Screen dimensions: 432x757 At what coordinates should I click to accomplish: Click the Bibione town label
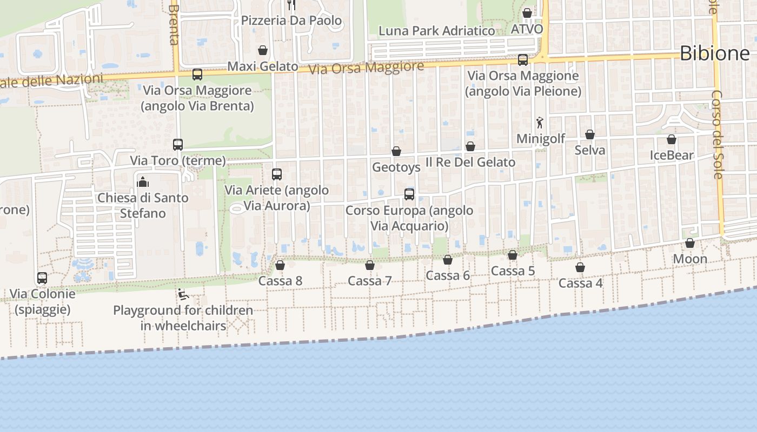[x=714, y=53]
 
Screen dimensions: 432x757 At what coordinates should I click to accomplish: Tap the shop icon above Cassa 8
[x=280, y=265]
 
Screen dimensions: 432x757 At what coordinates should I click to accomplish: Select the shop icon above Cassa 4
[x=580, y=267]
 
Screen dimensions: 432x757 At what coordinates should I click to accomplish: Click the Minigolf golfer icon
[x=539, y=123]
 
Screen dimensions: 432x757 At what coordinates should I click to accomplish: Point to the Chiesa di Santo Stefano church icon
[x=143, y=182]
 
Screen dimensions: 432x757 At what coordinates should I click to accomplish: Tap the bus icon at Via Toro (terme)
[x=178, y=145]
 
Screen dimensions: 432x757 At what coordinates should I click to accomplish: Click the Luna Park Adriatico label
[x=436, y=31]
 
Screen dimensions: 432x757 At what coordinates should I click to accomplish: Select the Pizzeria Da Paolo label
[x=291, y=21]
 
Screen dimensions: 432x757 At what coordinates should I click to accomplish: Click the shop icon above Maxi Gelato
[x=263, y=50]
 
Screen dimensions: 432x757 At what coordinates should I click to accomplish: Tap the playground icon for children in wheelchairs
[x=183, y=295]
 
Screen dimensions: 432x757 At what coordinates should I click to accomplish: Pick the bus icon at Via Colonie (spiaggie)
[x=42, y=278]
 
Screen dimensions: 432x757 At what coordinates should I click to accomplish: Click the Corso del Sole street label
[x=717, y=134]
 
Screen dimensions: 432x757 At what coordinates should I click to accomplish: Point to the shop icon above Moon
[x=690, y=243]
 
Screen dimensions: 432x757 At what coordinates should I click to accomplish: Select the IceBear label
[x=672, y=156]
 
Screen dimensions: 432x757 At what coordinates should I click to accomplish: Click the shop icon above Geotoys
[x=396, y=151]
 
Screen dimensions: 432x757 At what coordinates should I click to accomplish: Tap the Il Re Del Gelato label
[x=470, y=162]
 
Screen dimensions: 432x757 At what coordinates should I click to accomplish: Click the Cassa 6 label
[x=448, y=275]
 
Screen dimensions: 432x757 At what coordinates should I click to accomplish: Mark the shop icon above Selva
[x=590, y=134]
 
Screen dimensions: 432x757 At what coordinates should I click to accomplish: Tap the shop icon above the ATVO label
[x=527, y=13]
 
